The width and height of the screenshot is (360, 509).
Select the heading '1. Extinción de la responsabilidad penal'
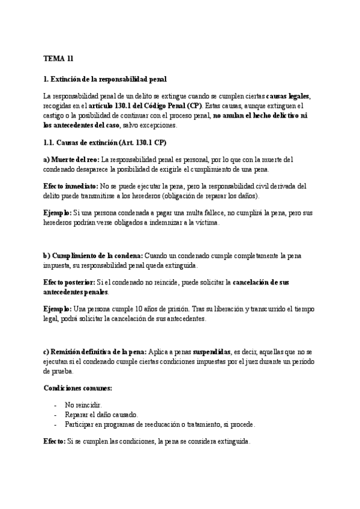click(x=105, y=79)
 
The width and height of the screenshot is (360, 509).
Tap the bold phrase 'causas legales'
click(x=288, y=96)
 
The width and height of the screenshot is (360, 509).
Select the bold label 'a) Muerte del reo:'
click(x=71, y=159)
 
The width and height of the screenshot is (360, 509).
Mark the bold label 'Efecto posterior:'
click(x=69, y=282)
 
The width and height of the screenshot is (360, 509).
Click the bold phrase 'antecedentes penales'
click(x=76, y=292)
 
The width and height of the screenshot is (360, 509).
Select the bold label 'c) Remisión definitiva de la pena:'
click(x=94, y=352)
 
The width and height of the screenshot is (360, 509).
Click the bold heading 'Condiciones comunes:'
click(x=77, y=388)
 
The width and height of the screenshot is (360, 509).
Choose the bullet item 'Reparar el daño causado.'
click(x=102, y=415)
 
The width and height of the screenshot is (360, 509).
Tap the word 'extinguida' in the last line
click(x=230, y=442)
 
